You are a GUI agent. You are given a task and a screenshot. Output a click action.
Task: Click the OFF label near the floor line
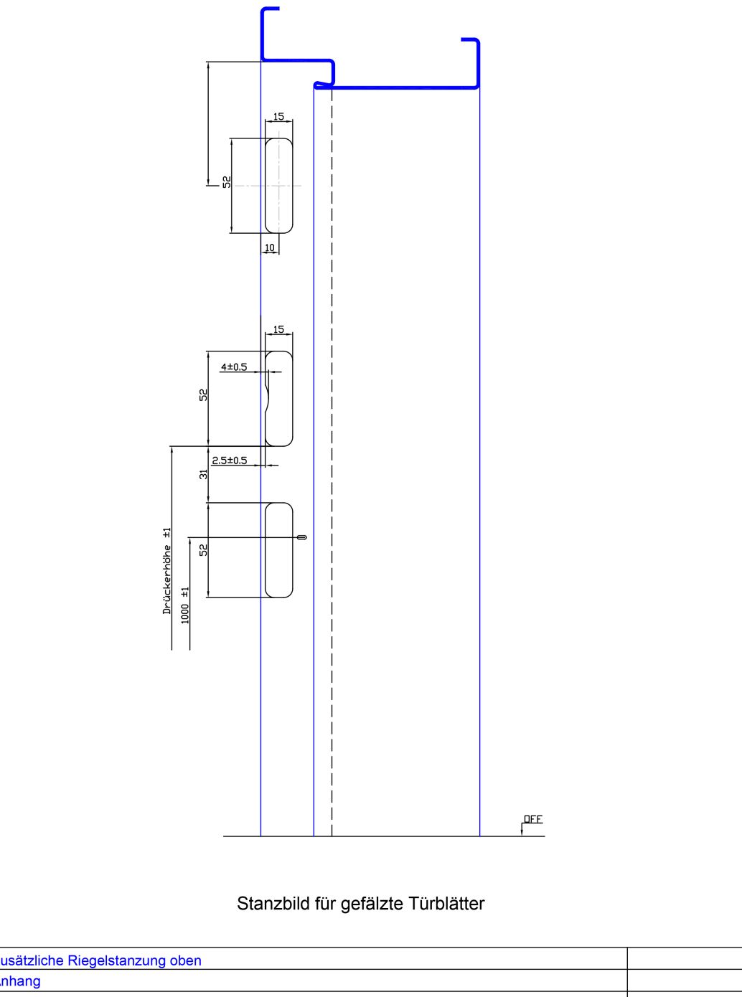point(533,819)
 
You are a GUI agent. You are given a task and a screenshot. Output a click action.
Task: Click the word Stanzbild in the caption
point(273,904)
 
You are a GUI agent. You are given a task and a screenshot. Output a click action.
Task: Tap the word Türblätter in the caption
point(446,904)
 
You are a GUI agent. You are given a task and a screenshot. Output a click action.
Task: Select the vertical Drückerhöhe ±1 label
point(167,571)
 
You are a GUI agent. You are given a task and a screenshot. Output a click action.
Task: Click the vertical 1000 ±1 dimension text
point(185,605)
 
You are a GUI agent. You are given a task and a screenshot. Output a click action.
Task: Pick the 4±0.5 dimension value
point(233,367)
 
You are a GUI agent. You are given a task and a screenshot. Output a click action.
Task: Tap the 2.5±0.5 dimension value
point(229,460)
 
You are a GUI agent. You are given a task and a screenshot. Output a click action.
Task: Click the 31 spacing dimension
point(204,474)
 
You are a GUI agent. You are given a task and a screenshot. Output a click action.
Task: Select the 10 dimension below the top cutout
point(270,248)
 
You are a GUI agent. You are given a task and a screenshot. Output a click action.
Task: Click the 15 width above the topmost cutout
point(278,116)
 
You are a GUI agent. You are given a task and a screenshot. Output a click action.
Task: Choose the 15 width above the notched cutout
point(278,330)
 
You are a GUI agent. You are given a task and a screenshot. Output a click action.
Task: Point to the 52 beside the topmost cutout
point(227,182)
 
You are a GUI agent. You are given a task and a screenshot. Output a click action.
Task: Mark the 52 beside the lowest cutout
point(204,549)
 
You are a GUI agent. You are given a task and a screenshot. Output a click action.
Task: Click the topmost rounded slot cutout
point(279,186)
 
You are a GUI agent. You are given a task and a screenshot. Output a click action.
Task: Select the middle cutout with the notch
point(280,399)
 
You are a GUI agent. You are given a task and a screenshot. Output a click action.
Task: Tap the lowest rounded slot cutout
point(279,550)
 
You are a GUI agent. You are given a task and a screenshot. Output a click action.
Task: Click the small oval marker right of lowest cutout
point(301,537)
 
